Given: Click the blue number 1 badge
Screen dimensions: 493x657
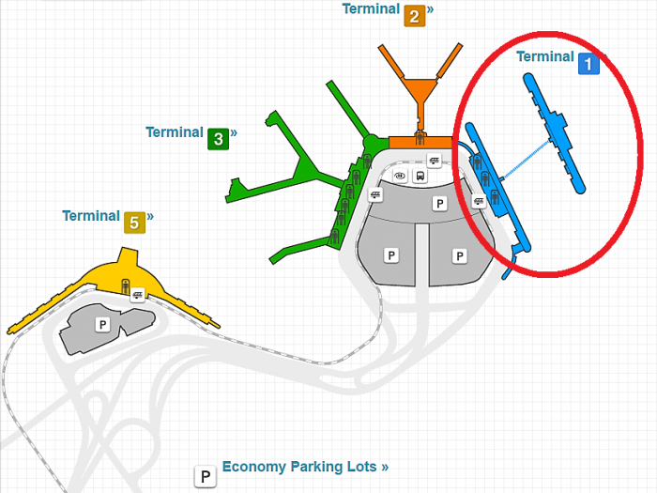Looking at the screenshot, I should click(x=588, y=64).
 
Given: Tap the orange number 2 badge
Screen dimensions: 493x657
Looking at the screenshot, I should click(x=414, y=16).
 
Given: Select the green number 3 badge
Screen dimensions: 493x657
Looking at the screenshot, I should click(x=218, y=139).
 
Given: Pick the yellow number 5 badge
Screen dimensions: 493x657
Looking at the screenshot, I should click(x=134, y=223).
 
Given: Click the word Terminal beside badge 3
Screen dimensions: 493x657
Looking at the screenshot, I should click(x=175, y=132).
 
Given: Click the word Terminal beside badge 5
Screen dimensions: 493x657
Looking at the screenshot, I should click(x=91, y=216).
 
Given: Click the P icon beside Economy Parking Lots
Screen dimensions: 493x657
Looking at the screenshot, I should click(x=204, y=477).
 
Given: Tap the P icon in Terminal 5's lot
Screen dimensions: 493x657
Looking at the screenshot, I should click(x=102, y=324).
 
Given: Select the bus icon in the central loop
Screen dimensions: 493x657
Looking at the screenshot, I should click(x=420, y=176).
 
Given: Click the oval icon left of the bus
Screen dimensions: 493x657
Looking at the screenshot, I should click(x=400, y=176).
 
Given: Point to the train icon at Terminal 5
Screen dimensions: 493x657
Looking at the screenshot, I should click(x=138, y=295).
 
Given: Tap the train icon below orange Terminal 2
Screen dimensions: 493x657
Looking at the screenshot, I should click(x=434, y=160).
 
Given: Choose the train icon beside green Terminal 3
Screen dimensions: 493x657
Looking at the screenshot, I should click(x=375, y=194).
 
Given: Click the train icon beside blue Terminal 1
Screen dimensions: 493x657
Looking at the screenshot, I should click(x=478, y=200).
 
